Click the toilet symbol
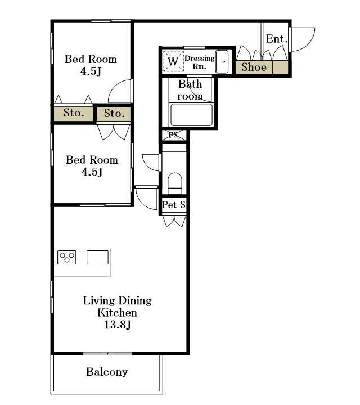tap(175, 183)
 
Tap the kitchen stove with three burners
tap(67, 257)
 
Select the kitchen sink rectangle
tap(97, 257)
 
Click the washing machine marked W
tap(173, 61)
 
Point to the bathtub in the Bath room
tap(191, 114)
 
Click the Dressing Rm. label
tap(200, 62)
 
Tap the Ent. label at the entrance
tap(277, 39)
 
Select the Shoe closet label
tap(254, 67)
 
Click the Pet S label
tap(174, 205)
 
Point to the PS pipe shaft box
tap(174, 136)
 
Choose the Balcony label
tap(107, 372)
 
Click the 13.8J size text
tap(118, 325)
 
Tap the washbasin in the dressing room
tap(222, 62)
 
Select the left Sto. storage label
tap(74, 113)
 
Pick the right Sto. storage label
tap(114, 114)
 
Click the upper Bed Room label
tap(91, 59)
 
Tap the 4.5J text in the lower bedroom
tap(92, 172)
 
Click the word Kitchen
tap(117, 313)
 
